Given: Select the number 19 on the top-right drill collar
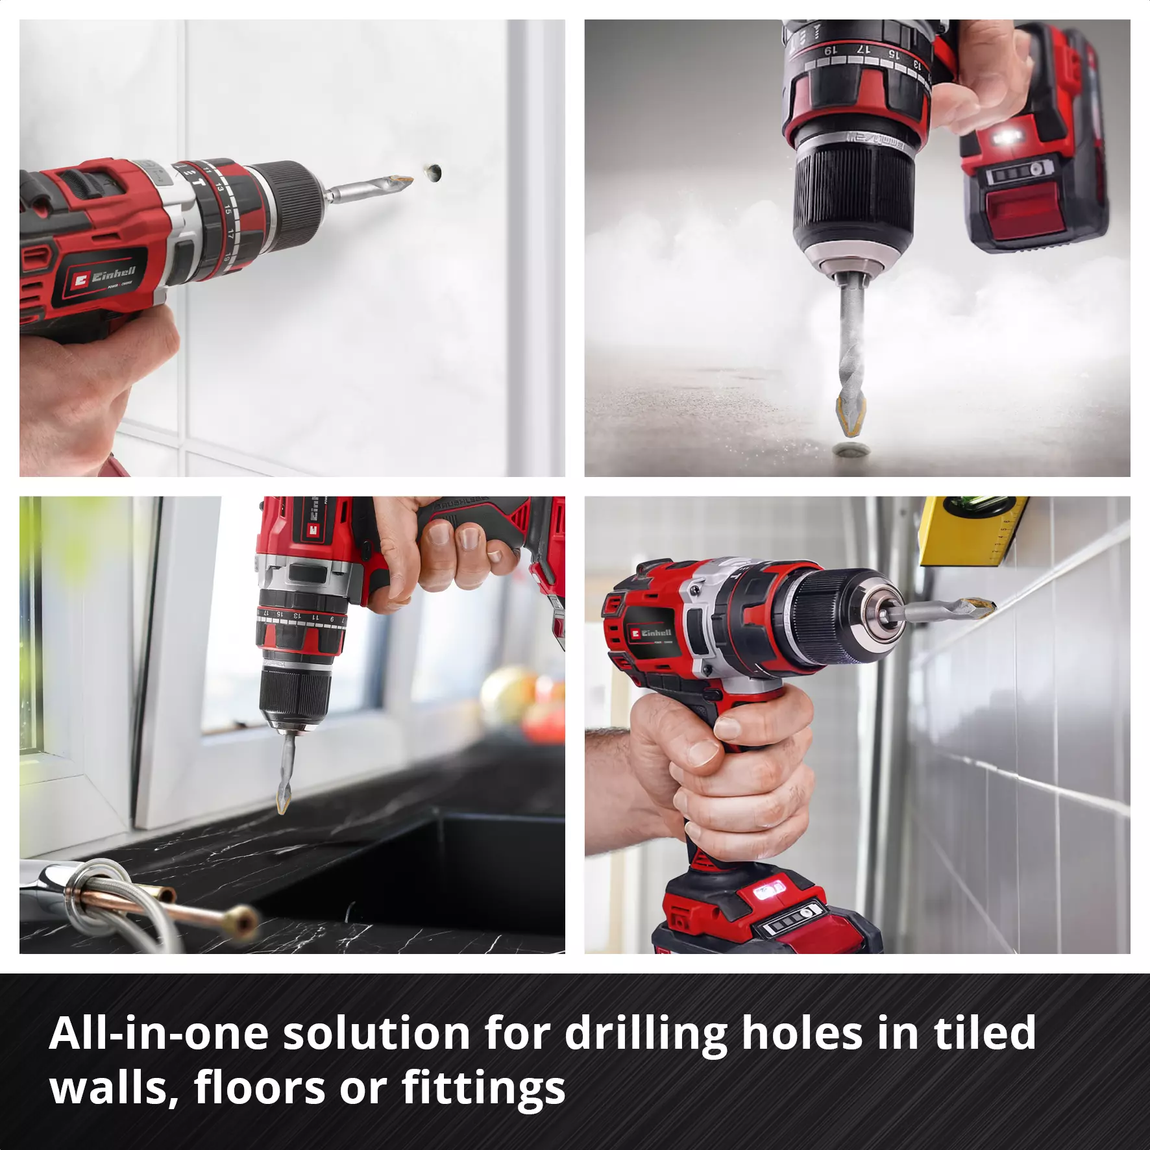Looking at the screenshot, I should (829, 50).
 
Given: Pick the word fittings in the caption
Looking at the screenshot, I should (483, 1089).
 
